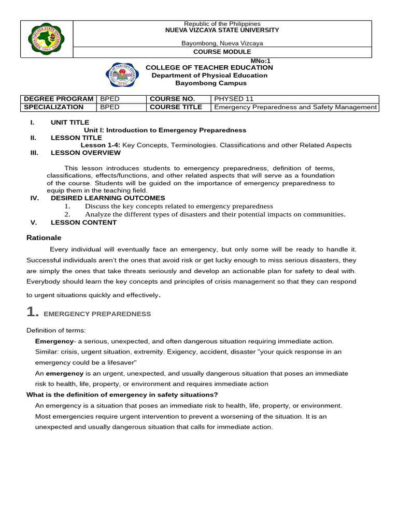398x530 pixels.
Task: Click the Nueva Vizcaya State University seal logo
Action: point(46,39)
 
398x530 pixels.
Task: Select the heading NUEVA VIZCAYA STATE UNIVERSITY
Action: point(222,31)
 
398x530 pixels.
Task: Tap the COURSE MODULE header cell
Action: point(222,52)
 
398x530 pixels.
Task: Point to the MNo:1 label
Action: point(261,61)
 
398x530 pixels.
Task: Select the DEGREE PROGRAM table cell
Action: point(58,99)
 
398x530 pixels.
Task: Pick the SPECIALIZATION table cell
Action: point(53,107)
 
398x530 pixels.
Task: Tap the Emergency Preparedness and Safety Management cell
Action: point(295,107)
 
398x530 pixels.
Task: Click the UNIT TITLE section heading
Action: point(70,123)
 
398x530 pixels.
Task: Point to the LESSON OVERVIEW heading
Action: point(86,153)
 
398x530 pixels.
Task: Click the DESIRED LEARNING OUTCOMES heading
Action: point(108,198)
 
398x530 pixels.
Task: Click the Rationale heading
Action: point(44,238)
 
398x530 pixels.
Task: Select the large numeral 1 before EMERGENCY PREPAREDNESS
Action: point(32,312)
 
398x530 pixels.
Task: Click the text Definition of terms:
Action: point(56,331)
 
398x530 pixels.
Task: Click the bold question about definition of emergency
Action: point(122,395)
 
